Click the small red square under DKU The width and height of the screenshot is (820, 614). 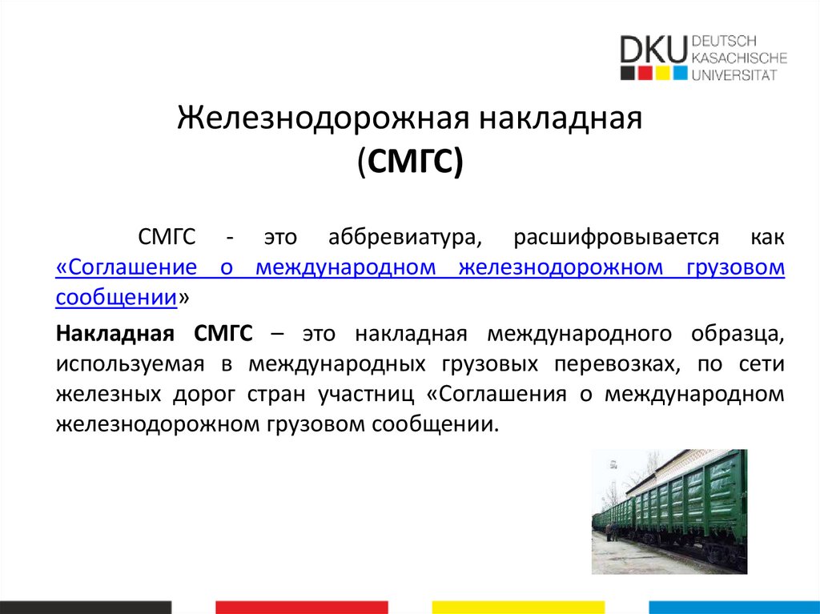tap(647, 74)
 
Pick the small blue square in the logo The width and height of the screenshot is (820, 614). tap(680, 74)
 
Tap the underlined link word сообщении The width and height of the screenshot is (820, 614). tap(116, 298)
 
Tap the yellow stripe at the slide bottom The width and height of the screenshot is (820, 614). tap(517, 606)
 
